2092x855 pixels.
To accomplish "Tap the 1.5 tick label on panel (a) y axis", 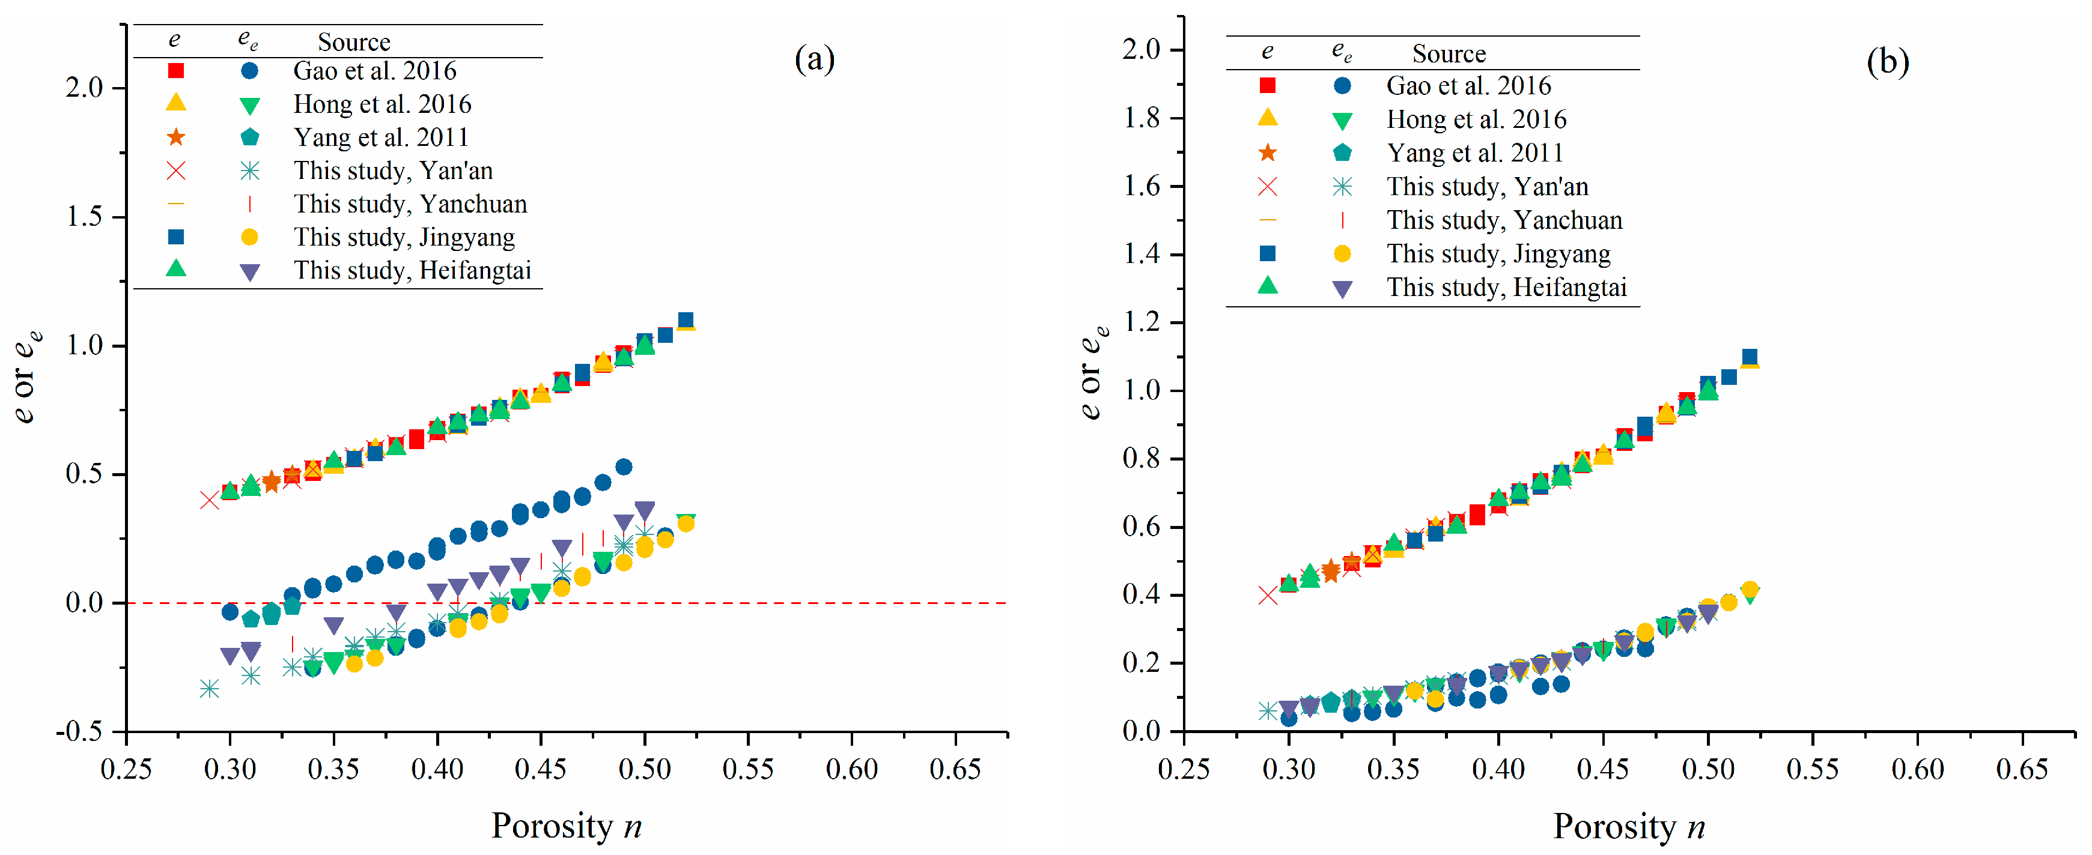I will pyautogui.click(x=85, y=217).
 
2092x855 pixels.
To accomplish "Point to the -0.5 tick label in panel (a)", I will pyautogui.click(x=79, y=731).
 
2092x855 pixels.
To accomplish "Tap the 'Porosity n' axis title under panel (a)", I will pyautogui.click(x=566, y=826).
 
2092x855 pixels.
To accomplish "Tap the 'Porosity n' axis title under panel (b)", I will pyautogui.click(x=1628, y=826).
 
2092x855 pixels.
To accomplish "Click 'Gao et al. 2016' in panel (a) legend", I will pyautogui.click(x=374, y=71).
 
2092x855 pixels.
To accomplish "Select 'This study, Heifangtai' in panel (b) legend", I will pyautogui.click(x=1506, y=288).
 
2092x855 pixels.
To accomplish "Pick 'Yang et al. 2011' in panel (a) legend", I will pyautogui.click(x=381, y=137).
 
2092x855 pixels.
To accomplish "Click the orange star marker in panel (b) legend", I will pyautogui.click(x=1267, y=153).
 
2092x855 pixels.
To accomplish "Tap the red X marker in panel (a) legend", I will pyautogui.click(x=175, y=171).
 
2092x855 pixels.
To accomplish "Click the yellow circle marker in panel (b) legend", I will pyautogui.click(x=1342, y=254).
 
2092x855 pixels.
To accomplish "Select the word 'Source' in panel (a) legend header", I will pyautogui.click(x=353, y=42).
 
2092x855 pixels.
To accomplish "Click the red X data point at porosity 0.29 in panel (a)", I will pyautogui.click(x=210, y=500).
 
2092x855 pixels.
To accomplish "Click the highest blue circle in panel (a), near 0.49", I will pyautogui.click(x=624, y=467).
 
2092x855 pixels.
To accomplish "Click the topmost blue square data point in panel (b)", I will pyautogui.click(x=1750, y=357).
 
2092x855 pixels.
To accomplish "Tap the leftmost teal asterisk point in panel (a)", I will pyautogui.click(x=210, y=689).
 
